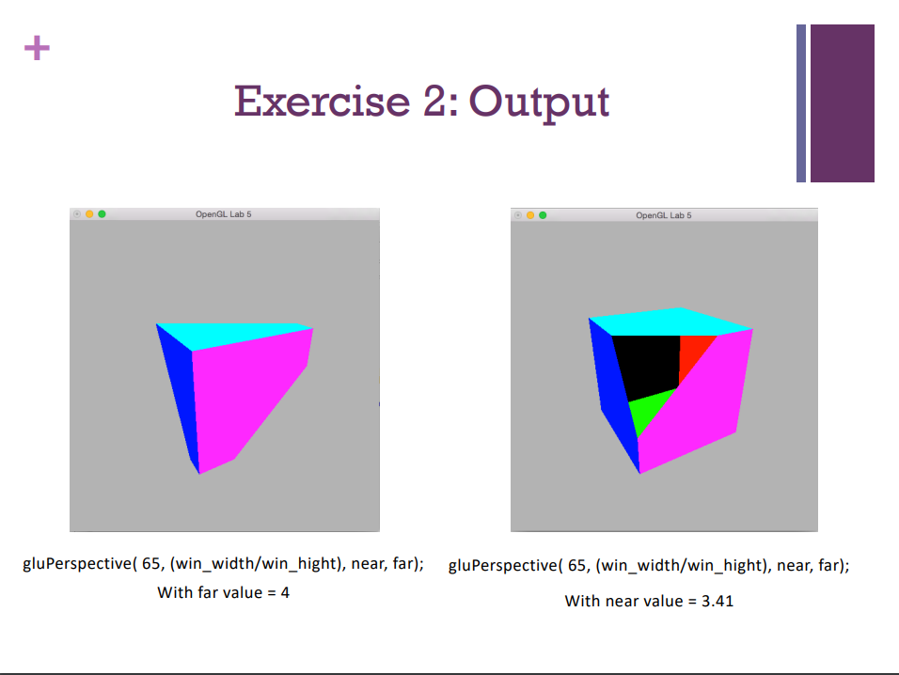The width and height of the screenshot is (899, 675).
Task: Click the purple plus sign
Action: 37,48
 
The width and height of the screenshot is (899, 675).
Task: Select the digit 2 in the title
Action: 434,101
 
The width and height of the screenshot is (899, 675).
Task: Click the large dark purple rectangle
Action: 842,103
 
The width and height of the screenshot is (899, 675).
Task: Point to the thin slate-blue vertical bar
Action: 801,103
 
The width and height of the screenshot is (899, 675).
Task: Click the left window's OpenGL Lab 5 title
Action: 223,215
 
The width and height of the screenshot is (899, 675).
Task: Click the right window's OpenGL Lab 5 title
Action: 663,215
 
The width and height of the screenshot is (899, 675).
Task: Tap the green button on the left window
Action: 102,214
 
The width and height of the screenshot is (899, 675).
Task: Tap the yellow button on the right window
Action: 530,215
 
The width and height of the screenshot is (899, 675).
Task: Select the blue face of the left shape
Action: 179,395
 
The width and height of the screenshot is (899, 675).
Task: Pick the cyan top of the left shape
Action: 235,334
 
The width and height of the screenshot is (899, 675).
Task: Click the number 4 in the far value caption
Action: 284,593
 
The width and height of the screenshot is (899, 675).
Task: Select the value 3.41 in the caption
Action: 717,601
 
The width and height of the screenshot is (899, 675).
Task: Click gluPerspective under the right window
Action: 501,565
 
